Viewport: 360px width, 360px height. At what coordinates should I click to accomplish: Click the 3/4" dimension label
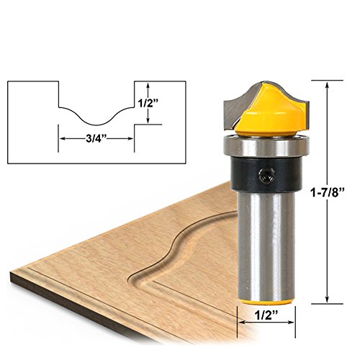(96, 138)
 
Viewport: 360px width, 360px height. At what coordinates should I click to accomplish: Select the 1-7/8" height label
(328, 192)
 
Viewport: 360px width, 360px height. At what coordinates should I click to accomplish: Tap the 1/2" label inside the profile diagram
(148, 103)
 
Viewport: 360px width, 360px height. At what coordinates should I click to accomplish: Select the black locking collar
(266, 174)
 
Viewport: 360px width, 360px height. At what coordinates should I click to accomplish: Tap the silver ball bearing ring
(266, 146)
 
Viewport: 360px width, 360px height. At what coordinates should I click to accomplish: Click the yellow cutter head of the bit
(271, 110)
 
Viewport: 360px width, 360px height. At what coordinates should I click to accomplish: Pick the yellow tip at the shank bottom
(267, 302)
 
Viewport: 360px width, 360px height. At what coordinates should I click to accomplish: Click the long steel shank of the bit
(266, 245)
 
